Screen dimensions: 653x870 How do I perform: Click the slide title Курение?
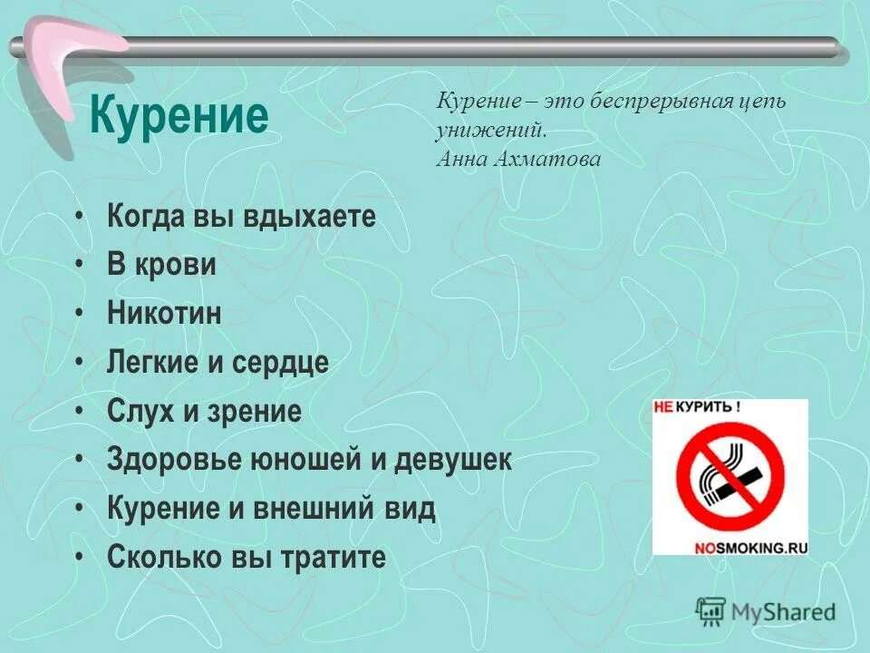(179, 117)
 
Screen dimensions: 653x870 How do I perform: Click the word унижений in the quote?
(490, 130)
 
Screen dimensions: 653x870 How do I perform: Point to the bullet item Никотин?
(164, 315)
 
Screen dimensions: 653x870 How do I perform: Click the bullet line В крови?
(161, 265)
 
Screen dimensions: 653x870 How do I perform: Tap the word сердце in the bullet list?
(280, 363)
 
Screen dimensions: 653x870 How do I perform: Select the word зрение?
(255, 412)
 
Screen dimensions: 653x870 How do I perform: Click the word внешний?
(312, 509)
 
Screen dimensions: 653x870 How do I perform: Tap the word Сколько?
(154, 557)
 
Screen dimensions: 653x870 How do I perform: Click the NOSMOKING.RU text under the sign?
(750, 548)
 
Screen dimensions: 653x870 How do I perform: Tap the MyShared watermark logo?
(765, 611)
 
